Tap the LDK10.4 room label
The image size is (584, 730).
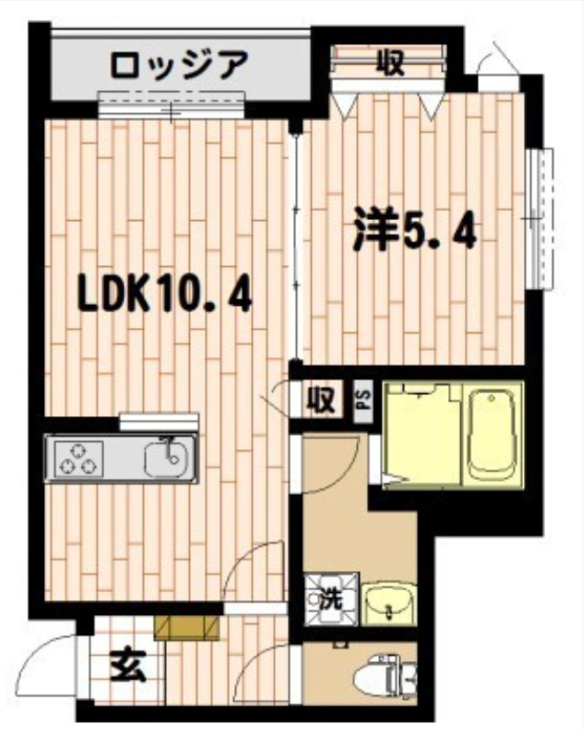[165, 294]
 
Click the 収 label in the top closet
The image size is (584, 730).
[390, 62]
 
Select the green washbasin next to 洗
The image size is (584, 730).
[386, 601]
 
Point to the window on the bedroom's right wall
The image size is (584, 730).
[538, 217]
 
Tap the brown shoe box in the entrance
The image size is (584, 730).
[186, 627]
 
